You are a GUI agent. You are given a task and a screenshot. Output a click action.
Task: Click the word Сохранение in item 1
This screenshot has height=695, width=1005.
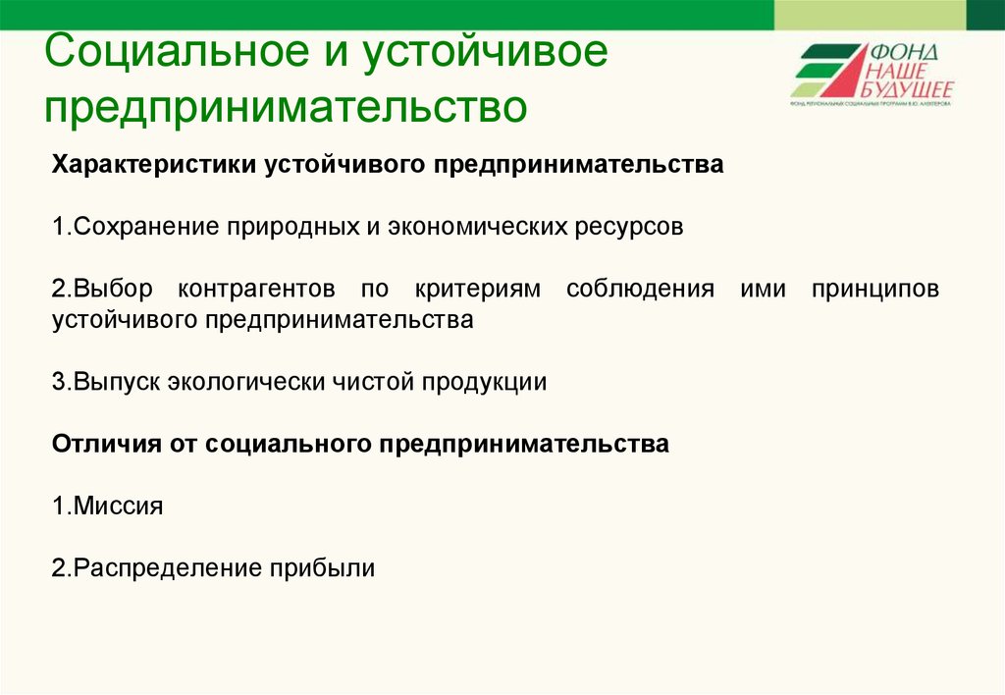click(x=147, y=227)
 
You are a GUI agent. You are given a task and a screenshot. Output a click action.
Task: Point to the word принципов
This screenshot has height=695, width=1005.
click(x=876, y=290)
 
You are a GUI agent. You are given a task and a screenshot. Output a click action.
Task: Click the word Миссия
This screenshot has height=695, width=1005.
click(x=119, y=507)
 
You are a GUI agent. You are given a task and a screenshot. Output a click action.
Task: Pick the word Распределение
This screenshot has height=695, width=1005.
click(x=168, y=568)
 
